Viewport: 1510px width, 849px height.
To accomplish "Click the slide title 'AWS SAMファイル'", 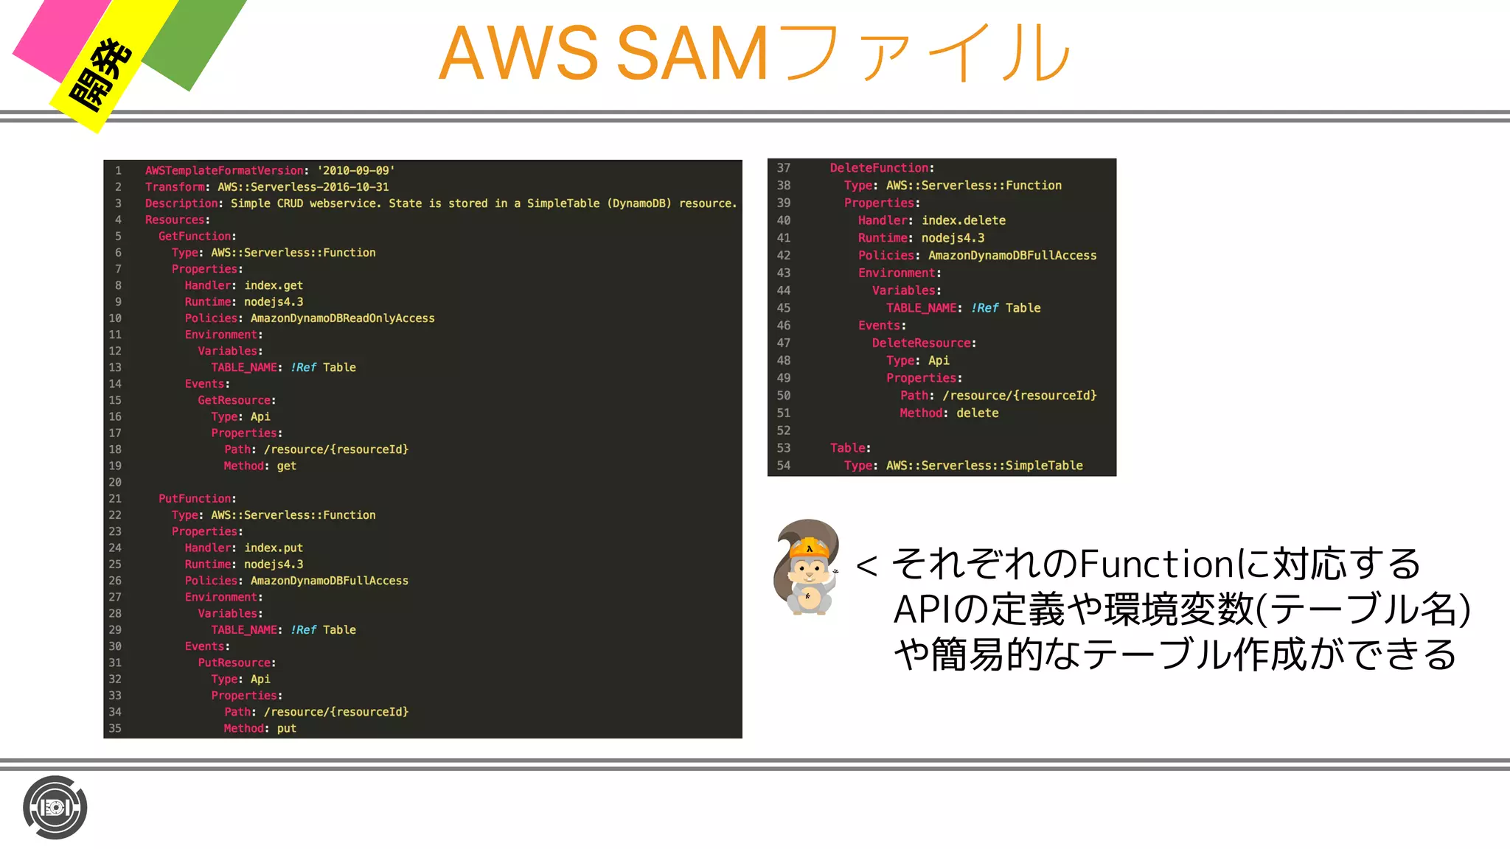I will point(754,53).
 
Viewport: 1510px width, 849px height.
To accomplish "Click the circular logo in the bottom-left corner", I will point(55,808).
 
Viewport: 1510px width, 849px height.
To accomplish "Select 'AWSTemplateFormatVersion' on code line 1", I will point(224,170).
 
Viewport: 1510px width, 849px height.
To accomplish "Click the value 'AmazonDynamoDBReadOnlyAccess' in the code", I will point(342,318).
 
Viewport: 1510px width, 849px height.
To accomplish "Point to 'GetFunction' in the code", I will point(195,236).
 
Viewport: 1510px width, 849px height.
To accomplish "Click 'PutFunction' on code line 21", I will point(195,499).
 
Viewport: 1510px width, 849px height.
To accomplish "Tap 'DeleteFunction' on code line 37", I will point(880,168).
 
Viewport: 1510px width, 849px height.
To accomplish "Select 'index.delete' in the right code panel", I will point(964,220).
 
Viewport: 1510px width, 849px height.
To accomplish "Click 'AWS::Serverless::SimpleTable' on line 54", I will point(984,466).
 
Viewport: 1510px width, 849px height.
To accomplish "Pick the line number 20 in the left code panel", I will point(115,482).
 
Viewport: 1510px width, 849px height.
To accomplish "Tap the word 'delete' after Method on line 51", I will point(978,413).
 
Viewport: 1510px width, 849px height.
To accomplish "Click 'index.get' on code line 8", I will point(274,285).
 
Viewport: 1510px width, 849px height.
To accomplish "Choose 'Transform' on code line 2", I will point(175,187).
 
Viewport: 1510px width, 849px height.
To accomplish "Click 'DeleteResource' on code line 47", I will point(921,343).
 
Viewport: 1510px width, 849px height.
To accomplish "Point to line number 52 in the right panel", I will point(784,430).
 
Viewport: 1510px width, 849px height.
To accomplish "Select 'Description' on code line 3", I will point(181,203).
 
